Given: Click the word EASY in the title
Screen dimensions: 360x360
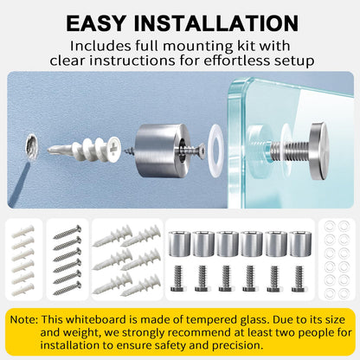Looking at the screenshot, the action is pyautogui.click(x=96, y=23).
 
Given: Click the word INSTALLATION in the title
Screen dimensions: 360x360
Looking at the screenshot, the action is pyautogui.click(x=216, y=23).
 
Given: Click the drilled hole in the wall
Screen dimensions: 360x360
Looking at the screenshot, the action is pyautogui.click(x=31, y=146).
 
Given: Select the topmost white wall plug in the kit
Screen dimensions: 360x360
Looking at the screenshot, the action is pyautogui.click(x=22, y=231).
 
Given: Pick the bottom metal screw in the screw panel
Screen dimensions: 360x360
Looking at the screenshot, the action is pyautogui.click(x=67, y=288).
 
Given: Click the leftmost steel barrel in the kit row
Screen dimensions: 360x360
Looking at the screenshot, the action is pyautogui.click(x=179, y=244).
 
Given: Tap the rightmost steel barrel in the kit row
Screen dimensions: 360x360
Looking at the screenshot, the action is pyautogui.click(x=300, y=244).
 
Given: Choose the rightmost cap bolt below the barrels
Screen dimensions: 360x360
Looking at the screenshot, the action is pyautogui.click(x=299, y=279).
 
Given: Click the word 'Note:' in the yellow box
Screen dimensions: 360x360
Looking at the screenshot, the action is pyautogui.click(x=24, y=319).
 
